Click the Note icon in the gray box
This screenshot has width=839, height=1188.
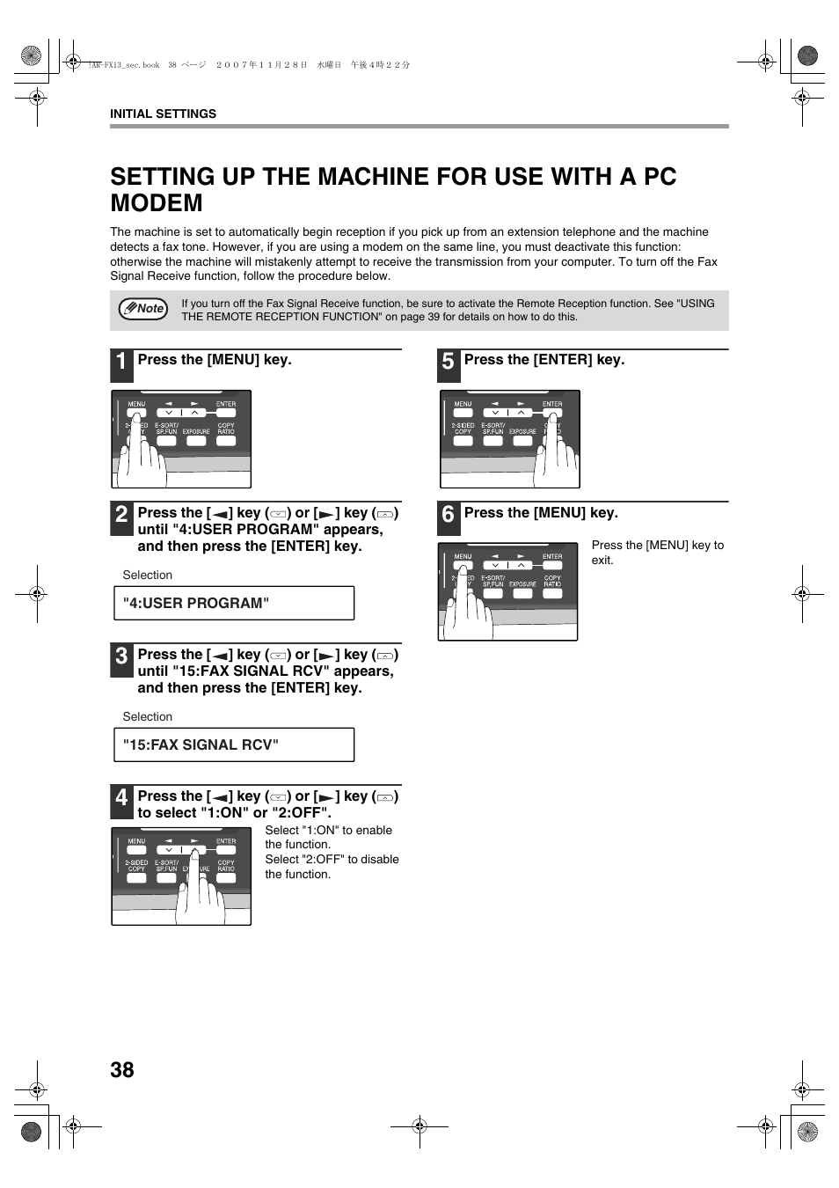(143, 309)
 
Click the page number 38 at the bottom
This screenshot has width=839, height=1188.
(122, 1069)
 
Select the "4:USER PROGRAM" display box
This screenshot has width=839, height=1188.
(234, 603)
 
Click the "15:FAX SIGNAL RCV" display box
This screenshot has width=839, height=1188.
(234, 744)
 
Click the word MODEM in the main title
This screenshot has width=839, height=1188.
(157, 203)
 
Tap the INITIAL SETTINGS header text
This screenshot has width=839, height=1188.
(163, 114)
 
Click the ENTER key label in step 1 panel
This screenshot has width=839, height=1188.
(226, 405)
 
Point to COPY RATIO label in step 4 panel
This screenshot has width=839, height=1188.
(226, 865)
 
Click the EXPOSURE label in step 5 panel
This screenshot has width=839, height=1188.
(522, 431)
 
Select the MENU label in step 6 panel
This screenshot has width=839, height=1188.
(463, 556)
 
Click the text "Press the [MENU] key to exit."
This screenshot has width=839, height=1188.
(657, 552)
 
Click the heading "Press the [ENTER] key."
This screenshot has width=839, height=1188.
(544, 360)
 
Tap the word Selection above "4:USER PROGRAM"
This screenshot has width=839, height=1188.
(148, 575)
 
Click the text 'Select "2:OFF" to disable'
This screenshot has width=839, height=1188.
(332, 860)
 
